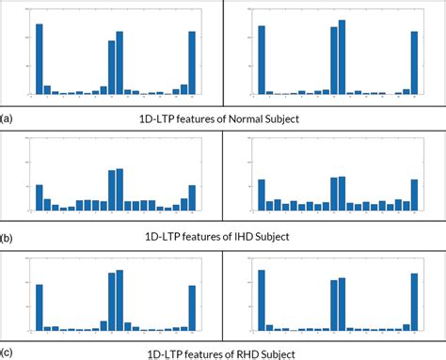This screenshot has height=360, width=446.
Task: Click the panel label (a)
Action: click(7, 119)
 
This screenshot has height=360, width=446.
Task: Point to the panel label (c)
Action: click(7, 353)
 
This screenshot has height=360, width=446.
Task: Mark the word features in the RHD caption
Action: click(212, 353)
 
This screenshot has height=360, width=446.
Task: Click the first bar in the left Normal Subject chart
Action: click(40, 59)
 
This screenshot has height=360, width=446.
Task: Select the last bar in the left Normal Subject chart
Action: click(192, 63)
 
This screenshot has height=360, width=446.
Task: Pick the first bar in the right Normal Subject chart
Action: click(262, 60)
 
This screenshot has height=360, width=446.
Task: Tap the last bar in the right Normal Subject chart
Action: click(414, 63)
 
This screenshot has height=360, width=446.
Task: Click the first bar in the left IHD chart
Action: click(40, 197)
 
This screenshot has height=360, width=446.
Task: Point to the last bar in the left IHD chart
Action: click(192, 197)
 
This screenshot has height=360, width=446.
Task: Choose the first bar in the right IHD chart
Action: click(262, 195)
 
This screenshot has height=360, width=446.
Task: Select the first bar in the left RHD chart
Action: click(40, 306)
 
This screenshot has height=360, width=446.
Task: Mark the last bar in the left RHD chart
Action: click(192, 307)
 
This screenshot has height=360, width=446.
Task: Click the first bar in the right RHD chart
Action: click(262, 300)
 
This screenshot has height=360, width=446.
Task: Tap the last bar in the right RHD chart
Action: click(414, 302)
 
